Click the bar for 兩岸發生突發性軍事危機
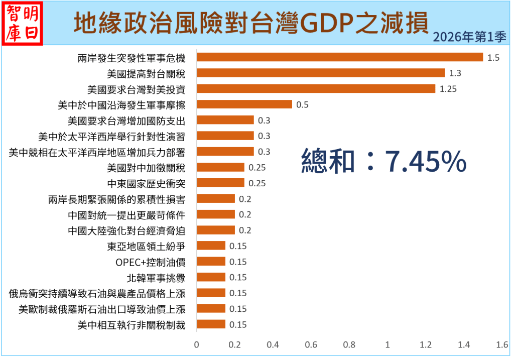[339, 57]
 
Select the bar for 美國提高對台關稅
[320, 73]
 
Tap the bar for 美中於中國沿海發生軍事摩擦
[244, 104]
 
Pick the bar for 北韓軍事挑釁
[211, 277]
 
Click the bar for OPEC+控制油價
[211, 262]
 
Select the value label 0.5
[302, 105]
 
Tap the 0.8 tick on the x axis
[349, 345]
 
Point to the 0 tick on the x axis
[196, 345]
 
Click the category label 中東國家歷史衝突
[146, 183]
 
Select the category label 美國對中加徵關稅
[146, 167]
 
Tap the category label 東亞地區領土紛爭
[146, 246]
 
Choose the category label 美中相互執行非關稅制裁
[132, 325]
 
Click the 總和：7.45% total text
[384, 161]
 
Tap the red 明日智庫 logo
[24, 23]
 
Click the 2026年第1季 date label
[469, 37]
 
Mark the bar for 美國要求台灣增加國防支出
[225, 120]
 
